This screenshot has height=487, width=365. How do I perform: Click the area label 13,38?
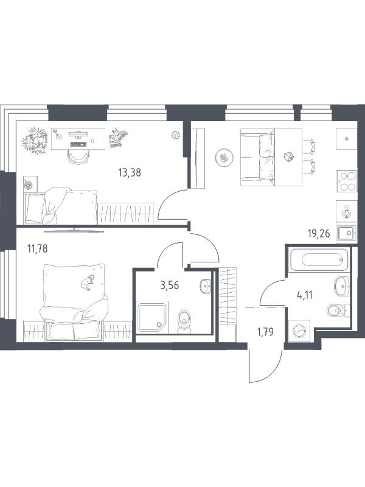(130, 172)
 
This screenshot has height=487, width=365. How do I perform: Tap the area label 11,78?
(38, 249)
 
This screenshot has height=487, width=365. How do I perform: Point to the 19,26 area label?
(318, 234)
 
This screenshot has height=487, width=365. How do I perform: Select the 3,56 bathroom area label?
(170, 285)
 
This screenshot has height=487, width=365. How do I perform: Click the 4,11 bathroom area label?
(305, 295)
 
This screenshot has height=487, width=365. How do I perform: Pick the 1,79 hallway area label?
(265, 332)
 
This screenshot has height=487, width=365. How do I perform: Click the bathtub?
(318, 259)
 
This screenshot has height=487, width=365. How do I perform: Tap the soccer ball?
(175, 135)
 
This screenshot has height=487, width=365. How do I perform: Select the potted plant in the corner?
(35, 141)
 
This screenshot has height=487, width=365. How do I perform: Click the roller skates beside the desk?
(118, 139)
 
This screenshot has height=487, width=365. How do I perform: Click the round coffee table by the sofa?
(224, 158)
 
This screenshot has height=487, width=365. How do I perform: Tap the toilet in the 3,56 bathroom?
(184, 321)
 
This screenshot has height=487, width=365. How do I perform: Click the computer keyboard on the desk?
(78, 144)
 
